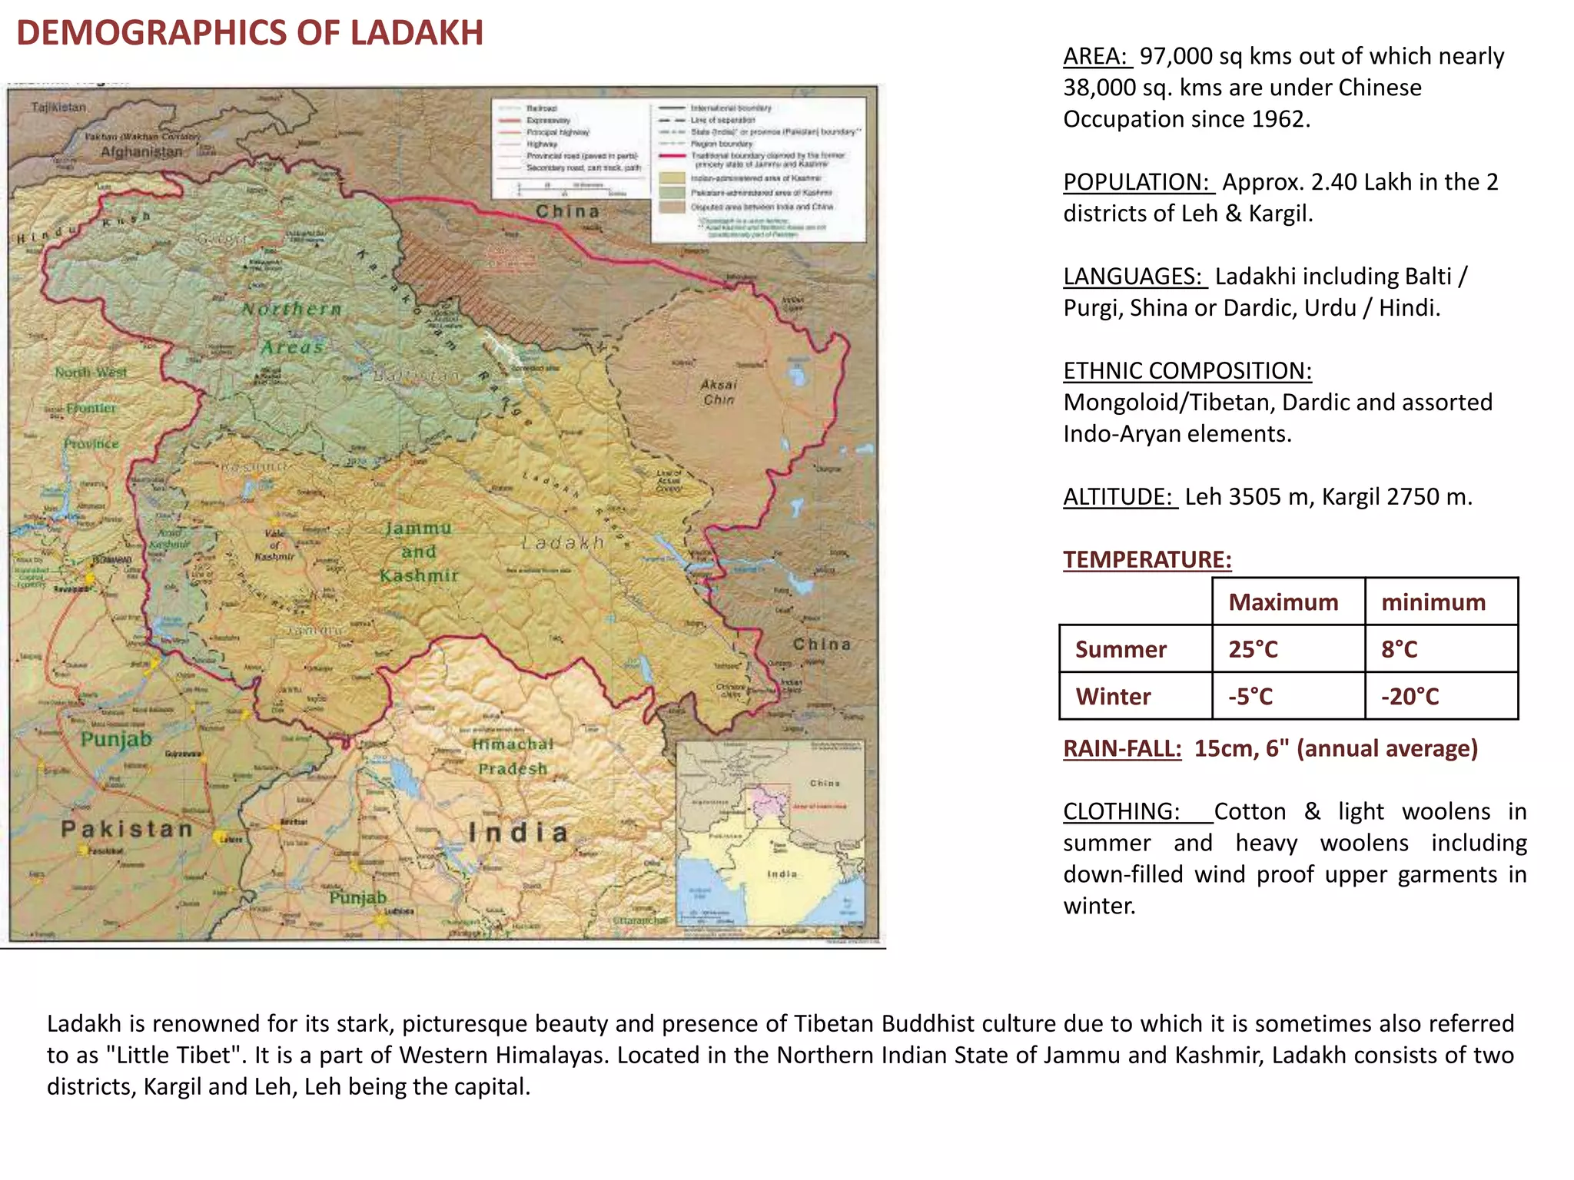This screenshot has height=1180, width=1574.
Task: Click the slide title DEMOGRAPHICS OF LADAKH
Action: pyautogui.click(x=250, y=33)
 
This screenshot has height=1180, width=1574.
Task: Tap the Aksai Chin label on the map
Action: pyautogui.click(x=719, y=392)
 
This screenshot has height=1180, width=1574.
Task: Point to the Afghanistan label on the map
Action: pyautogui.click(x=141, y=152)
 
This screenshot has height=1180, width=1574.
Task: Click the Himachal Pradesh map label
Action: pyautogui.click(x=513, y=756)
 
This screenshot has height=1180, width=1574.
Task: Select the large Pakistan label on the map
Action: pyautogui.click(x=127, y=829)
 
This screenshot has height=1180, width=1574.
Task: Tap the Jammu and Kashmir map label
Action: pyautogui.click(x=419, y=552)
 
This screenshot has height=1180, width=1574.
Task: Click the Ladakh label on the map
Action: pyautogui.click(x=563, y=543)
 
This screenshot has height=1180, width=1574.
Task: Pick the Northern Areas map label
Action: pyautogui.click(x=291, y=328)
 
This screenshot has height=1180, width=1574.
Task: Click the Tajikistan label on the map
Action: pyautogui.click(x=59, y=108)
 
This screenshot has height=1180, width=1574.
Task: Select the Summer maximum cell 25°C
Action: pyautogui.click(x=1253, y=649)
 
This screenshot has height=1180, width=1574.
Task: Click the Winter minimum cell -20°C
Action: pyautogui.click(x=1410, y=696)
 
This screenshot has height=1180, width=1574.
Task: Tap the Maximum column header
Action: pyautogui.click(x=1283, y=602)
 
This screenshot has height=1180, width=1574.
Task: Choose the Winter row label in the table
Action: pyautogui.click(x=1113, y=696)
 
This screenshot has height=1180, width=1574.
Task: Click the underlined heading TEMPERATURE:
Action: pyautogui.click(x=1147, y=559)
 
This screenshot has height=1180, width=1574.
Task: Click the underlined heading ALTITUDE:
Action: pyautogui.click(x=1119, y=496)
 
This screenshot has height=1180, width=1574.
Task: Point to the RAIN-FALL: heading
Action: pyautogui.click(x=1121, y=748)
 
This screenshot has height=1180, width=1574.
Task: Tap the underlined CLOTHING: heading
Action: pyautogui.click(x=1121, y=811)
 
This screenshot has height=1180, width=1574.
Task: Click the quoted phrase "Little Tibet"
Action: pyautogui.click(x=174, y=1055)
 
